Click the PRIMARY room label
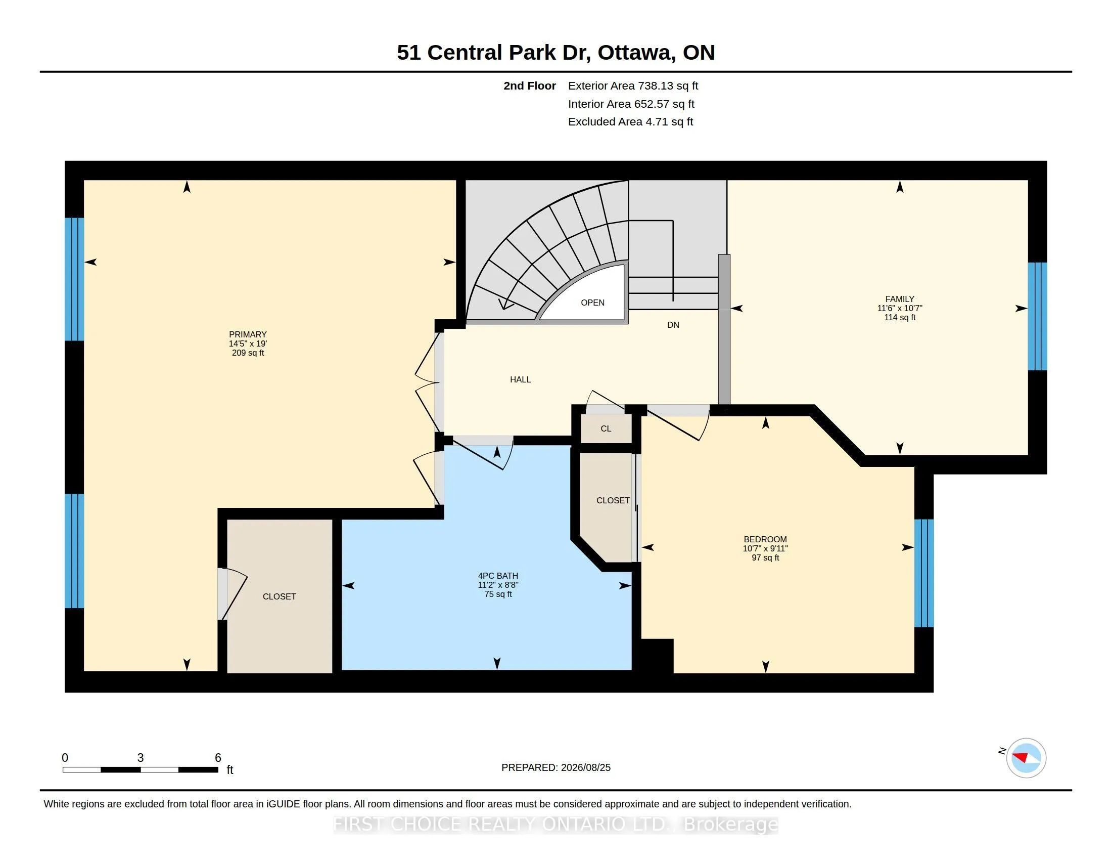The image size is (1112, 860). pos(248,335)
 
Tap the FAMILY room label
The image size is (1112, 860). pos(900,299)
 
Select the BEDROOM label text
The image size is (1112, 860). pos(765,539)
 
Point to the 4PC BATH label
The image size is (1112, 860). pos(498,576)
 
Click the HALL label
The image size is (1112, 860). pos(520,379)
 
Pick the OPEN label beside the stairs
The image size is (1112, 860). pos(593,303)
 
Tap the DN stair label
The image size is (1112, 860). pos(673,325)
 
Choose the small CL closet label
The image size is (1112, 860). pos(606,429)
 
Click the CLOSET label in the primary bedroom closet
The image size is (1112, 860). pos(279,596)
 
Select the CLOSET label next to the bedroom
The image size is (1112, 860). pos(613,501)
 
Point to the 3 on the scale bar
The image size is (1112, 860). pos(141,758)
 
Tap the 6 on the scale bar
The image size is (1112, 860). pos(218,758)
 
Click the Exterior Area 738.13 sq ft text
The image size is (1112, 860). pos(633,86)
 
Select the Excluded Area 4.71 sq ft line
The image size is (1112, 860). pos(630,122)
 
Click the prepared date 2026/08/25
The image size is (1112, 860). pos(585,767)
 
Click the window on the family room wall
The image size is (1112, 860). pos(1037,316)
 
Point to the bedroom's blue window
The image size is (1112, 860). pos(924,573)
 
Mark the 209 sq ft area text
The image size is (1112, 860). pos(248,353)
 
